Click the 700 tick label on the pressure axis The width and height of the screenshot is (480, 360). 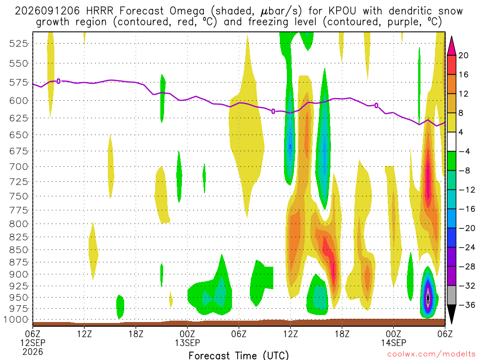[x=18, y=167]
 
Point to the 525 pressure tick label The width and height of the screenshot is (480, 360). [x=18, y=44]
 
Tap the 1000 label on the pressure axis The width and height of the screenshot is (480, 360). [x=15, y=320]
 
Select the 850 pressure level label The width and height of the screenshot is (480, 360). [x=18, y=250]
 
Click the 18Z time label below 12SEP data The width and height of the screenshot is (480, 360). [x=136, y=334]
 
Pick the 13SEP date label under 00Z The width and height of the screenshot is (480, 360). [x=187, y=343]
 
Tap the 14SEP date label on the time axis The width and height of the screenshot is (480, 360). [x=393, y=343]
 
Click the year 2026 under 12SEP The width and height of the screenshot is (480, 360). [x=33, y=352]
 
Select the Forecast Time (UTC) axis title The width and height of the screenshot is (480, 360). [x=239, y=355]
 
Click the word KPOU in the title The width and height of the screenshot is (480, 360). [x=342, y=11]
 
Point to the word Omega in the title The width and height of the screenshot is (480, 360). [x=187, y=12]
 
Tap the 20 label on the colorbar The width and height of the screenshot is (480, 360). [x=464, y=55]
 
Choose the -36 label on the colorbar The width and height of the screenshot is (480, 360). [x=467, y=305]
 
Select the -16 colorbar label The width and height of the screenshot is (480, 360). [x=467, y=209]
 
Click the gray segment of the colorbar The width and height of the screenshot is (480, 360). [x=451, y=295]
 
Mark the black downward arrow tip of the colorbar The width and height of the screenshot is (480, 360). [x=451, y=324]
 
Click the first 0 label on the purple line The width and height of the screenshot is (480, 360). [x=59, y=82]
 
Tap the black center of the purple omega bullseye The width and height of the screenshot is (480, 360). [x=428, y=298]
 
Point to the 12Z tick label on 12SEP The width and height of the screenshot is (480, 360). [x=84, y=334]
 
